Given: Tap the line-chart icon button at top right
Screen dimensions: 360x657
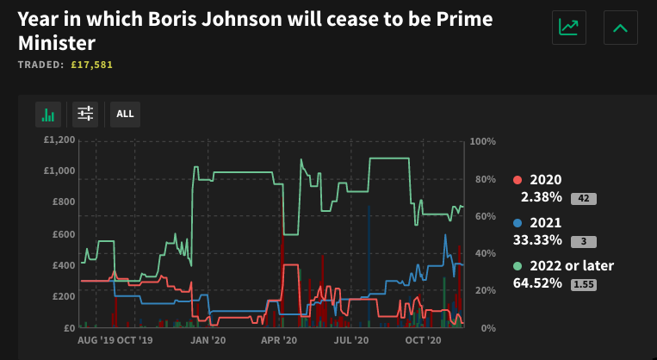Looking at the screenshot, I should [568, 28].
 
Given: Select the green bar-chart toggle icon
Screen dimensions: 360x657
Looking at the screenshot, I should [48, 114].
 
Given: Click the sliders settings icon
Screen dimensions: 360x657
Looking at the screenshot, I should [84, 114].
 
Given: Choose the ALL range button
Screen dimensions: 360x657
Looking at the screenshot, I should [125, 114].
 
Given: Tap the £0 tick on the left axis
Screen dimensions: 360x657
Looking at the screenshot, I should [69, 328].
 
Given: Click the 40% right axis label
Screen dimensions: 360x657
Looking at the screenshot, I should [484, 253].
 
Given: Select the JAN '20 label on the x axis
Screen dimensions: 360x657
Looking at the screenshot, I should [207, 341].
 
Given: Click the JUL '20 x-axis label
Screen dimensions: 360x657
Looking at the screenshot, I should [350, 341].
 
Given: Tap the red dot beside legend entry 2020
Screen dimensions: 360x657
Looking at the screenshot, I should [517, 180].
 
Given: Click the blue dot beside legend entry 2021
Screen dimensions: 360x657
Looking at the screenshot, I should [517, 222].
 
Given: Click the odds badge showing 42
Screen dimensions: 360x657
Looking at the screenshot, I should [583, 199].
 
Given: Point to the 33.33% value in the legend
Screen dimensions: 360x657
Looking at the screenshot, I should [541, 239].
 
